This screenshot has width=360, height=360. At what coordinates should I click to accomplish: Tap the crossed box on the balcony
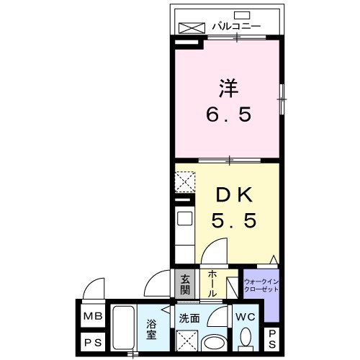pyautogui.click(x=192, y=27)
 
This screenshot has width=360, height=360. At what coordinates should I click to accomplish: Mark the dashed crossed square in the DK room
pyautogui.click(x=185, y=181)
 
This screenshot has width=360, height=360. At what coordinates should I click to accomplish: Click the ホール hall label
pyautogui.click(x=214, y=285)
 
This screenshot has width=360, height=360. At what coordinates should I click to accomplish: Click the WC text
pyautogui.click(x=245, y=316)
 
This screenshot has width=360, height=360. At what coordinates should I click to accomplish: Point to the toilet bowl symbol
pyautogui.click(x=245, y=338)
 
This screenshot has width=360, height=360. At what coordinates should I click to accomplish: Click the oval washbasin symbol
pyautogui.click(x=214, y=341)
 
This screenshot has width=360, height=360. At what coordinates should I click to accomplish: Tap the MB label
pyautogui.click(x=92, y=316)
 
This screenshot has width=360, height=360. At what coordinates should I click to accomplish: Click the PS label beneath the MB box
pyautogui.click(x=92, y=343)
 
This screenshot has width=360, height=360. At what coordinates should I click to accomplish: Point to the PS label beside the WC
pyautogui.click(x=272, y=338)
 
